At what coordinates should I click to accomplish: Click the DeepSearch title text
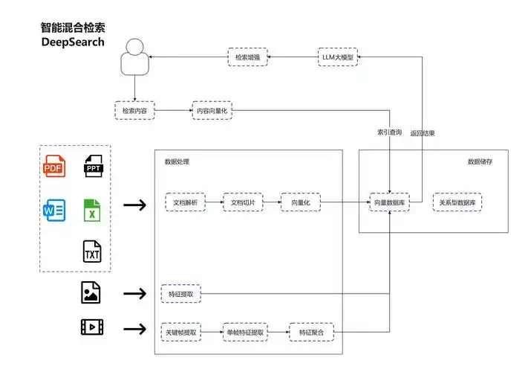pyautogui.click(x=73, y=42)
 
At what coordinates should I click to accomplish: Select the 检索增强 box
pyautogui.click(x=248, y=57)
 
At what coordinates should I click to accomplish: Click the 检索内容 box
pyautogui.click(x=135, y=111)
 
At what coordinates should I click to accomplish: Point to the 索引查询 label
pyautogui.click(x=390, y=133)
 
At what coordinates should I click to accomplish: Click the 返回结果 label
pyautogui.click(x=423, y=133)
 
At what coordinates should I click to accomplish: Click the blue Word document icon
pyautogui.click(x=54, y=211)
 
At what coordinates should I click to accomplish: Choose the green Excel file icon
pyautogui.click(x=92, y=211)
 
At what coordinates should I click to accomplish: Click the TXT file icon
pyautogui.click(x=92, y=252)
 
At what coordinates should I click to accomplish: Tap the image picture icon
pyautogui.click(x=91, y=293)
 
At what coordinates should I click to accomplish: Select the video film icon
pyautogui.click(x=91, y=327)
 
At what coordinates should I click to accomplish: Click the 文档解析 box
pyautogui.click(x=185, y=202)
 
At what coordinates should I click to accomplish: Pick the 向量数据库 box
pyautogui.click(x=391, y=202)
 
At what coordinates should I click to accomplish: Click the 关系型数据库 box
pyautogui.click(x=457, y=202)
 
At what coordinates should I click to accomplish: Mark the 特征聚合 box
pyautogui.click(x=311, y=332)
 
